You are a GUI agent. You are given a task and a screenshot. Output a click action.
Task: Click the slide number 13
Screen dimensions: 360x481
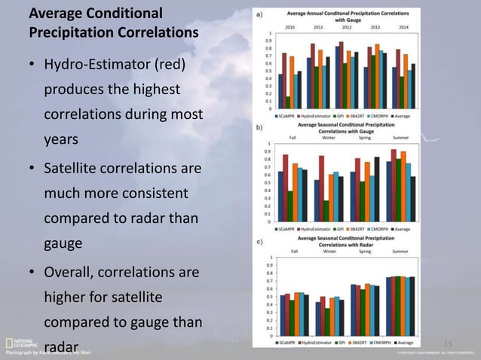[x=448, y=344]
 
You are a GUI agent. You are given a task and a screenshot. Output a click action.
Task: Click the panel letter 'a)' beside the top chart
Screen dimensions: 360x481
[x=259, y=14]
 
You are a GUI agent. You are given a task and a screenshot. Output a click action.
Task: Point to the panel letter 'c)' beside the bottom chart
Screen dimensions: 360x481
[x=259, y=242]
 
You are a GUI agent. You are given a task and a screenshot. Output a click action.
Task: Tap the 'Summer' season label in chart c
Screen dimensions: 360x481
[x=400, y=251]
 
